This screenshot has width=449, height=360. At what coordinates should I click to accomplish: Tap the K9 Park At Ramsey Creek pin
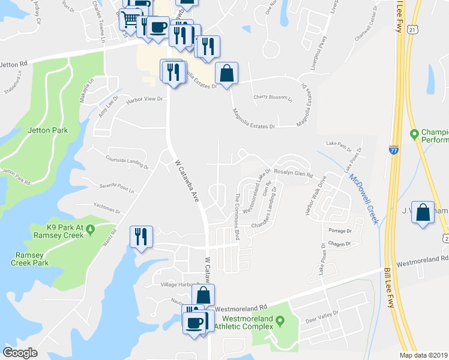tap(90, 229)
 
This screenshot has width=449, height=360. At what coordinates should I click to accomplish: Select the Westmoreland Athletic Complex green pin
tap(279, 325)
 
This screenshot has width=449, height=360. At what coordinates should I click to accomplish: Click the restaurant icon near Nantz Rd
tap(141, 236)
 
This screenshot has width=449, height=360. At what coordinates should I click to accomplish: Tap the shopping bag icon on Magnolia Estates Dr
tap(227, 74)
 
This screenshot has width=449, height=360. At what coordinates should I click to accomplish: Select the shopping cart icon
tap(130, 19)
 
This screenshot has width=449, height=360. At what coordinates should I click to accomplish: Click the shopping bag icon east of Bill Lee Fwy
tap(423, 212)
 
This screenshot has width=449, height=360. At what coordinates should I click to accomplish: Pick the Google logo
tap(20, 353)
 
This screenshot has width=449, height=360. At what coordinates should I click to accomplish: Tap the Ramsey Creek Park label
tap(32, 259)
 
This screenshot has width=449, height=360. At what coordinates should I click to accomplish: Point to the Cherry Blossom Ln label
tap(273, 97)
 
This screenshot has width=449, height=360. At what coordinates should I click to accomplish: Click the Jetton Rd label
tap(14, 63)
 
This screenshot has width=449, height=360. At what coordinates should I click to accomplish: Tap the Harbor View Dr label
tap(144, 99)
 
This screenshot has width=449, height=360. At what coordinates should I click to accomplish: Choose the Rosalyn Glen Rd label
tap(294, 173)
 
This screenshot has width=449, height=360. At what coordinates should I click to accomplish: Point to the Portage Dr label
tap(340, 230)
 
